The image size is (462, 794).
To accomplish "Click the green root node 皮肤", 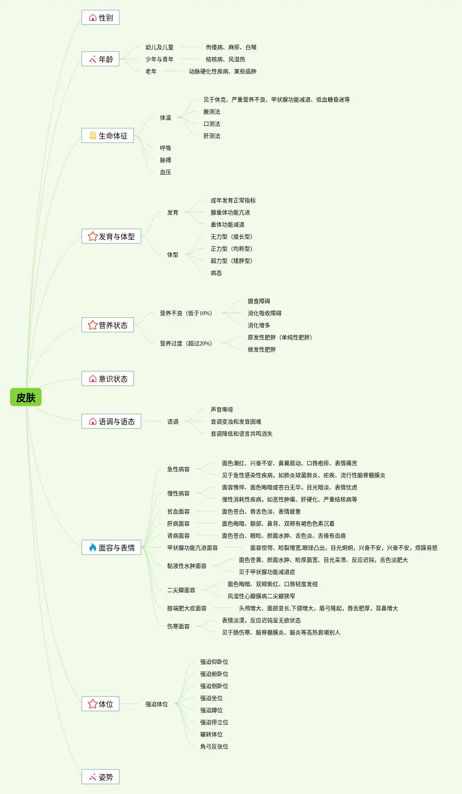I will (x=26, y=397).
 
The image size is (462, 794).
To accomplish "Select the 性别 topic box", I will (x=100, y=18).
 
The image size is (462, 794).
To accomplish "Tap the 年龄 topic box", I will (x=100, y=59).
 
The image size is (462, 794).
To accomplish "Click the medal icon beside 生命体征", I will (x=93, y=136).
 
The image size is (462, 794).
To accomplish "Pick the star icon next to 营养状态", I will (x=93, y=325).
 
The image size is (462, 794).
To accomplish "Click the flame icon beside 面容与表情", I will (x=93, y=547).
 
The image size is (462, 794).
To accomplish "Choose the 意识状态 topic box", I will (x=108, y=379).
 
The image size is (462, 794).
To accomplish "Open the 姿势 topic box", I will (x=100, y=777).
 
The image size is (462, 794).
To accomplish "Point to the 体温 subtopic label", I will (x=165, y=118).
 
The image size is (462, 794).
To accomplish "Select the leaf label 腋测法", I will (x=211, y=112).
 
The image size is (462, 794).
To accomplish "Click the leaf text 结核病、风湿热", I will (x=225, y=59).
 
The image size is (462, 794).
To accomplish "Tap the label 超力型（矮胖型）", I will (x=231, y=261).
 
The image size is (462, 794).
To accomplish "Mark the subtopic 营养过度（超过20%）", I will (x=186, y=343).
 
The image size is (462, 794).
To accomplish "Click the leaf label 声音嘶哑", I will (x=222, y=409).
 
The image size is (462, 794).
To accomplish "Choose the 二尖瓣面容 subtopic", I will (x=181, y=590).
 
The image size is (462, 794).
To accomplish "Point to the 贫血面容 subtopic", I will (x=178, y=511).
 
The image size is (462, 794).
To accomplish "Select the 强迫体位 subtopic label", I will (x=156, y=704).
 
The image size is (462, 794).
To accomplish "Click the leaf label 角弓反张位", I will (x=214, y=746).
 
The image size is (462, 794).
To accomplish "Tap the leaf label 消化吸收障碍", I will (x=264, y=313).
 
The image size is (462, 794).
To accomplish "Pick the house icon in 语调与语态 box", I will (x=93, y=422).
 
